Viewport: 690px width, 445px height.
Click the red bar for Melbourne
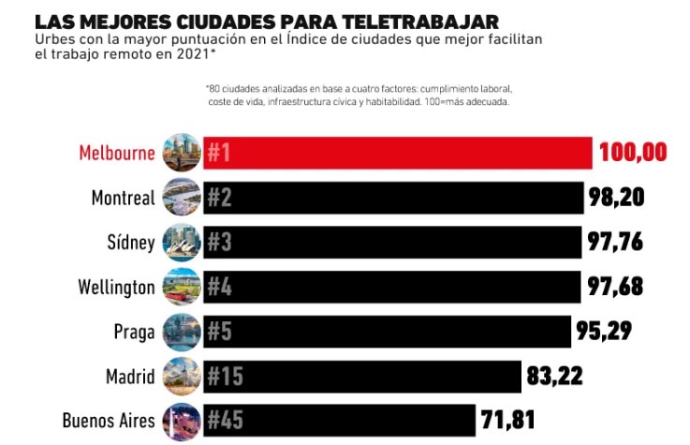[403, 154]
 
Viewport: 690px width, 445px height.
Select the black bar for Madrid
[374, 377]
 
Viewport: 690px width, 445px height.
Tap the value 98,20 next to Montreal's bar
[617, 197]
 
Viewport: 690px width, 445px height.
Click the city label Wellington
[116, 287]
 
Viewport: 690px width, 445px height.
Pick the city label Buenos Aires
[109, 420]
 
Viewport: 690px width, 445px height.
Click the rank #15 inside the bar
[226, 377]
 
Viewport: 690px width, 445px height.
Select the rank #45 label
[226, 420]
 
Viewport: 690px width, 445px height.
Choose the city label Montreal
[123, 198]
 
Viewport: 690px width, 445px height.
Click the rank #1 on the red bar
[219, 154]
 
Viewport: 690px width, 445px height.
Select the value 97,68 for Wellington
[615, 287]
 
